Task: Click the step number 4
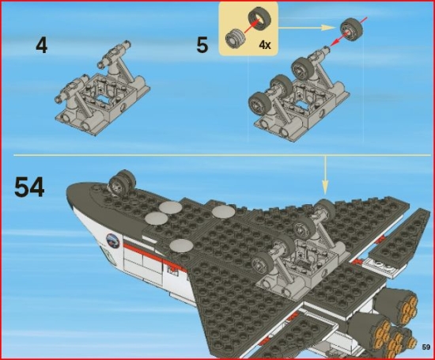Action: (41, 45)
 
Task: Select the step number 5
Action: (202, 45)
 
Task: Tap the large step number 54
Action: (29, 187)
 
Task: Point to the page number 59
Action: (425, 347)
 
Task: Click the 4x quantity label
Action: (264, 45)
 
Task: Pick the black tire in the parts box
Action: (257, 20)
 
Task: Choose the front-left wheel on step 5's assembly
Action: (259, 104)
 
